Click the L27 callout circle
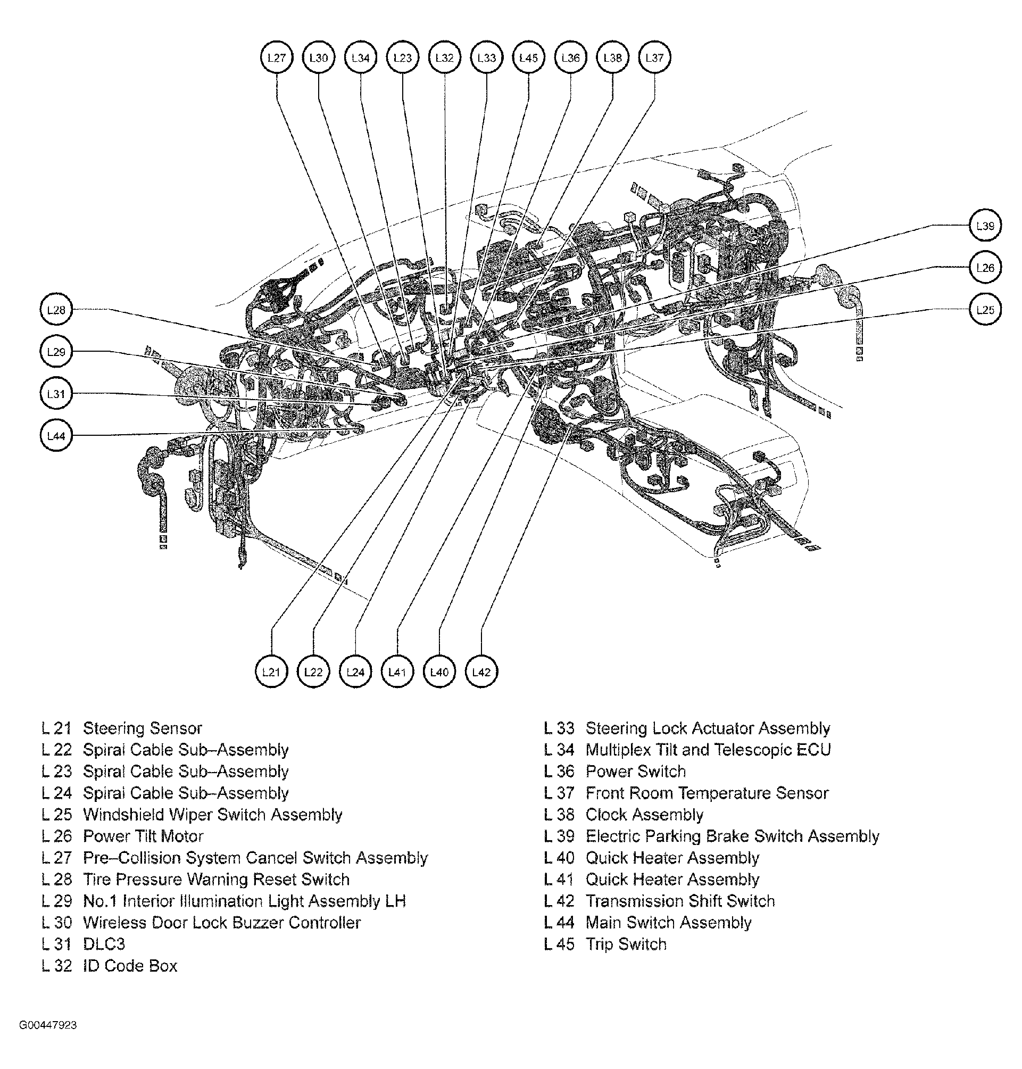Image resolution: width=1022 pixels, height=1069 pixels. click(x=277, y=58)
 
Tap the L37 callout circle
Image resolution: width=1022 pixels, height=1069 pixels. click(x=654, y=58)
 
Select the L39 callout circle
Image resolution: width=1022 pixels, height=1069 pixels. click(x=985, y=226)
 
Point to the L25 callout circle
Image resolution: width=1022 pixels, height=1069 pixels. click(x=985, y=310)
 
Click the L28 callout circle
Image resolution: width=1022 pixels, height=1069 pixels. click(x=56, y=310)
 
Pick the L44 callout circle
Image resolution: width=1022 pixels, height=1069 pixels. click(x=56, y=436)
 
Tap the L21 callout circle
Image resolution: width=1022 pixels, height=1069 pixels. click(x=271, y=672)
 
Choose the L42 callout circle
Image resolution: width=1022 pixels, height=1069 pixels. click(x=481, y=672)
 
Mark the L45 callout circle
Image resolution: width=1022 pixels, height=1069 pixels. click(x=528, y=58)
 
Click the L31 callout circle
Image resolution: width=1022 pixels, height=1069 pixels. click(x=56, y=394)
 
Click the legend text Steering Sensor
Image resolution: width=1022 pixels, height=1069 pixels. click(x=142, y=728)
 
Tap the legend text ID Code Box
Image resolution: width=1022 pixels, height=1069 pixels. click(x=130, y=966)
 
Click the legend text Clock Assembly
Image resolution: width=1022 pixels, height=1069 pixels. click(x=644, y=815)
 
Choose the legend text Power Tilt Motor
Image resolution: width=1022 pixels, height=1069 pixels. click(x=143, y=836)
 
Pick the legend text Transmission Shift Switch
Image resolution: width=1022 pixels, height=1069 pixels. click(x=680, y=901)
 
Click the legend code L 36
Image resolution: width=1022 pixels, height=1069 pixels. click(x=559, y=772)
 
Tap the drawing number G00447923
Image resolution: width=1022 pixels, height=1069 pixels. click(x=48, y=1025)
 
